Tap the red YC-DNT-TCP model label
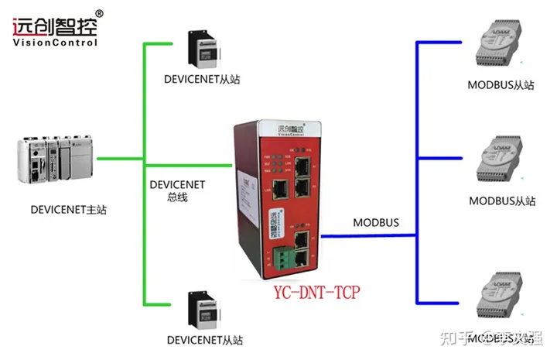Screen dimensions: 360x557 click(x=316, y=293)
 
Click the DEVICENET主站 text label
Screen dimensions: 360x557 click(x=68, y=209)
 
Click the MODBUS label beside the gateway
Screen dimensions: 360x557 click(x=376, y=222)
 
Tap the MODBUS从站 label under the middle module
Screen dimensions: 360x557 click(x=502, y=201)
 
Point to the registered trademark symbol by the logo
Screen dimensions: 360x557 click(x=99, y=13)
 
